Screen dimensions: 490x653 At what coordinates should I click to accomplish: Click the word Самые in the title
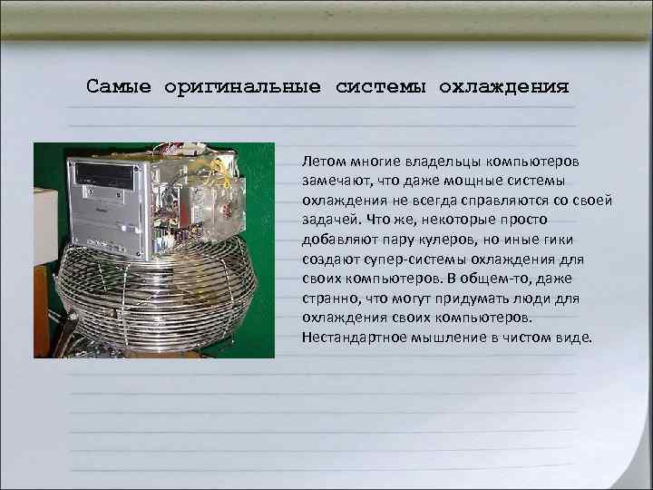tap(121, 87)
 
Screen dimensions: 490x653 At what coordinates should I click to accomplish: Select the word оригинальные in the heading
tap(242, 87)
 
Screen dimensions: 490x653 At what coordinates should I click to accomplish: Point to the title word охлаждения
tap(504, 87)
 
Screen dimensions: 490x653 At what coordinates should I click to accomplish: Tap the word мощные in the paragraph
tap(491, 181)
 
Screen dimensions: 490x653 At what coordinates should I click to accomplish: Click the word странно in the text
tap(331, 298)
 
